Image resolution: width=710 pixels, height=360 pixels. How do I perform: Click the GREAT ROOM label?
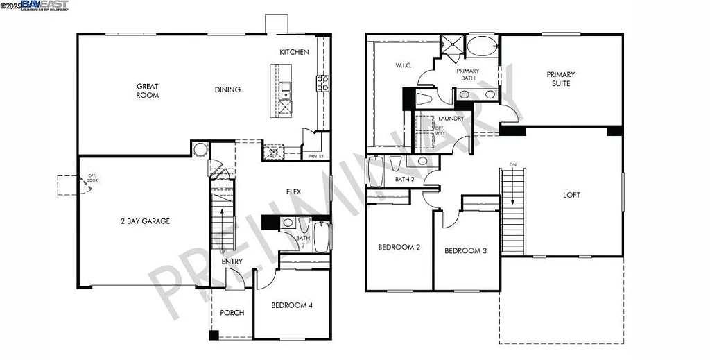click(147, 91)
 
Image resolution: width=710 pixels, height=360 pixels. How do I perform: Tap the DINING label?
click(227, 89)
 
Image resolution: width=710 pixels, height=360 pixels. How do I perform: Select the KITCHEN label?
click(294, 53)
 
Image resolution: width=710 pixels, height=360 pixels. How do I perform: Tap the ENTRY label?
click(232, 262)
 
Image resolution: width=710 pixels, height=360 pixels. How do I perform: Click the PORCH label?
click(232, 313)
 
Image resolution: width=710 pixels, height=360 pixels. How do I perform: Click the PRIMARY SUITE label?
click(560, 78)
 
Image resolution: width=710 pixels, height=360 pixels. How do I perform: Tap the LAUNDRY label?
click(451, 119)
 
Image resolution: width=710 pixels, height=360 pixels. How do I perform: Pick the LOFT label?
click(571, 196)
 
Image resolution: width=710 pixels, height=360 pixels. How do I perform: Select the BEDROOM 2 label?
click(399, 248)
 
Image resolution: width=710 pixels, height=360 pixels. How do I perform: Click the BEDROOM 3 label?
click(465, 251)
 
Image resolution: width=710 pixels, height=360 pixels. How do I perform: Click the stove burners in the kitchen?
click(322, 83)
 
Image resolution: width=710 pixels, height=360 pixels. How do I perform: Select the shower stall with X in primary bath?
click(452, 43)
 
